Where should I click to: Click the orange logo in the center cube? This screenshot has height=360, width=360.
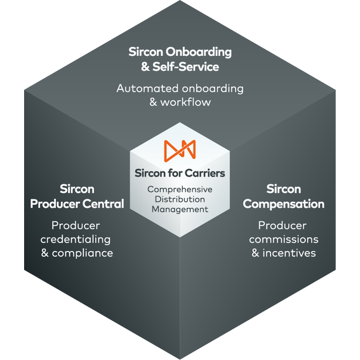tap(180, 149)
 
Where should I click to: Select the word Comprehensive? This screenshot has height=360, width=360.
tap(180, 189)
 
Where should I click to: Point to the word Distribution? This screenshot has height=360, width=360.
tap(180, 199)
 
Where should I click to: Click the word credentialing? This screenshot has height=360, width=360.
tap(76, 239)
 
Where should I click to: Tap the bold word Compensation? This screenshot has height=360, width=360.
tap(283, 204)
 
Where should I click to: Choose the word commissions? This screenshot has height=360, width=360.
tap(283, 239)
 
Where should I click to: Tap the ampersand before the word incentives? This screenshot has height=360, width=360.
tap(255, 253)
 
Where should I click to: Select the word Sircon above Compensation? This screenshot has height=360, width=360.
tap(283, 189)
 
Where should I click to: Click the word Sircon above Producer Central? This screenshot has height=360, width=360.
tap(77, 189)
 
